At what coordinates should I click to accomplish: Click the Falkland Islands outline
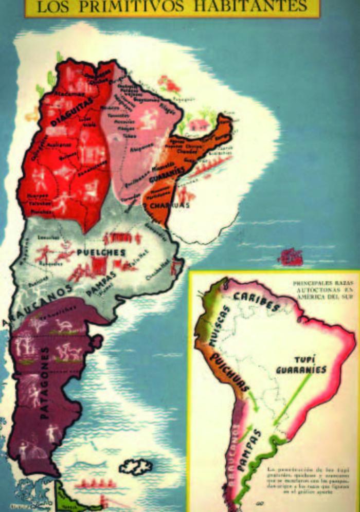136,467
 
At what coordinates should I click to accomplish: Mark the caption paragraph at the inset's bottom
301,480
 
